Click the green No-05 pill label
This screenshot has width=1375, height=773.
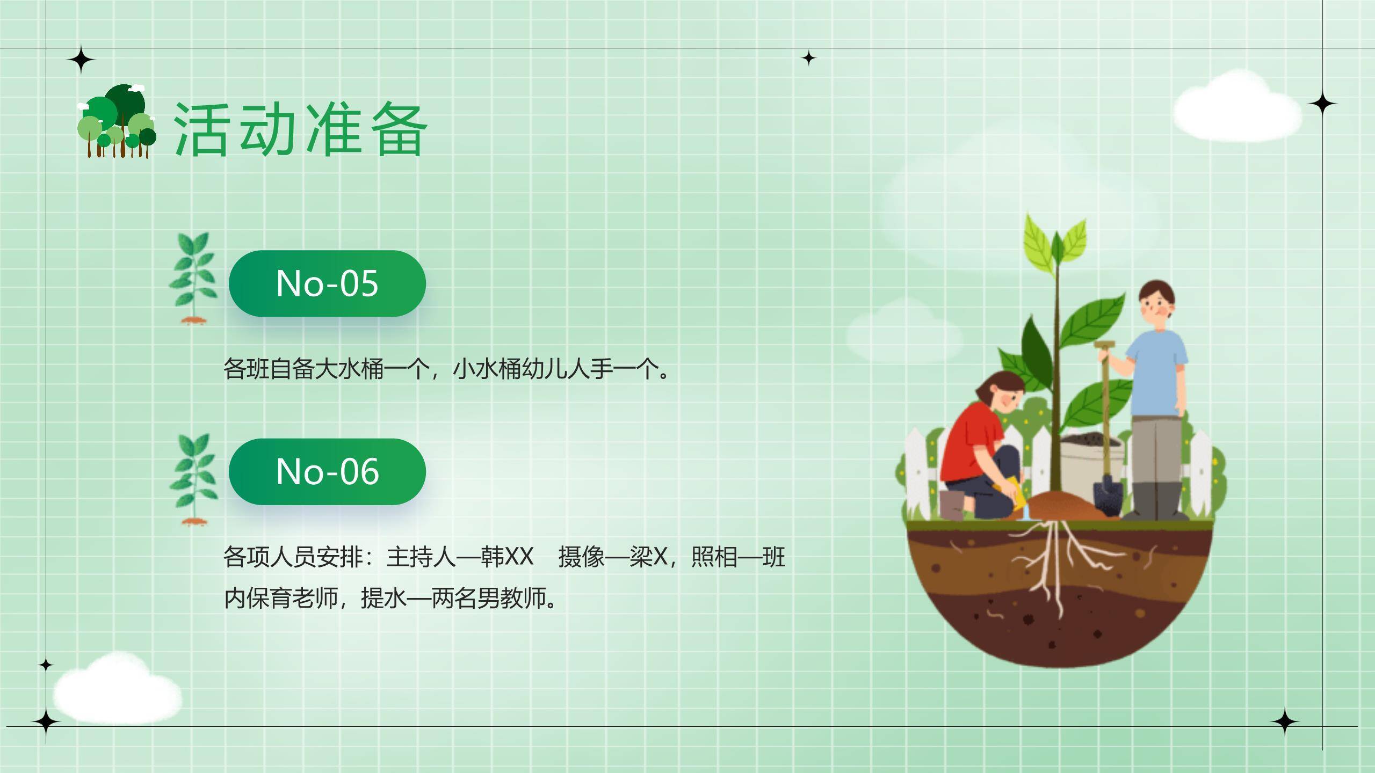(327, 283)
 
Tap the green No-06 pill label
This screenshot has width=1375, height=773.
(327, 471)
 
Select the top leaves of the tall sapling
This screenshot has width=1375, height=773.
(1055, 242)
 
